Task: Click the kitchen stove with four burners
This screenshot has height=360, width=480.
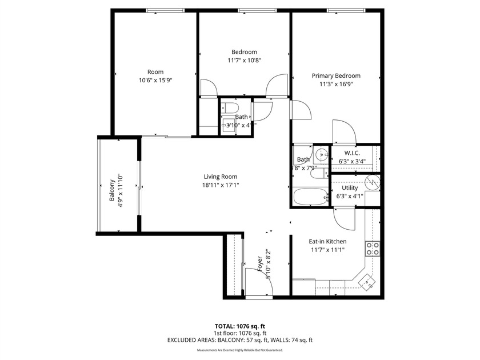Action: (x=373, y=249)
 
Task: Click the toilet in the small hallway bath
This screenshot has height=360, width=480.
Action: (x=231, y=107)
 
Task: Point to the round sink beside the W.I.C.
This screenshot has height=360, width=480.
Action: (x=321, y=153)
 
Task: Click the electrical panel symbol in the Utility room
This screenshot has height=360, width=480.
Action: (x=372, y=182)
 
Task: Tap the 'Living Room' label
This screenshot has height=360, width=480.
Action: (x=221, y=177)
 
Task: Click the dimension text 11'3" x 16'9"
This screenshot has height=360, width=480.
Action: (x=336, y=83)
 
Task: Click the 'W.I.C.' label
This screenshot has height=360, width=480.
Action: (x=351, y=153)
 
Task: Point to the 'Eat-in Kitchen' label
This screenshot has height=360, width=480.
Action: (x=327, y=241)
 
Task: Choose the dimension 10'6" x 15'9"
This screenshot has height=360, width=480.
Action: (x=155, y=80)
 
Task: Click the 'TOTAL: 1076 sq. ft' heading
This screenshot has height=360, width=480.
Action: (x=240, y=326)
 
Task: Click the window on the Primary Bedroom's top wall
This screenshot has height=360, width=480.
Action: (x=347, y=10)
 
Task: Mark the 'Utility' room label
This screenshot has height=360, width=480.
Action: (x=350, y=188)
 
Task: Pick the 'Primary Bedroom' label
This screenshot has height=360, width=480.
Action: (x=336, y=75)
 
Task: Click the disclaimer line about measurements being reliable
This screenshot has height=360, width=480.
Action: (x=240, y=350)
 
